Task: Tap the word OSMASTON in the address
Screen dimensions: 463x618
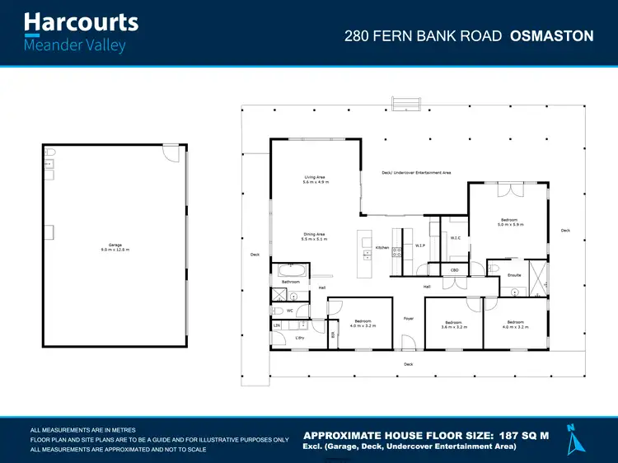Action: [x=552, y=35]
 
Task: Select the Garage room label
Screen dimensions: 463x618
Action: [x=115, y=246]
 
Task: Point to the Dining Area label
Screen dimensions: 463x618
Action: [x=315, y=236]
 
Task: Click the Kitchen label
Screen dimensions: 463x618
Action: [x=382, y=247]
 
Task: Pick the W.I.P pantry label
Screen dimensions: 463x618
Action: [x=420, y=245]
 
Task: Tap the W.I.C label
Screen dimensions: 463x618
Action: [x=455, y=239]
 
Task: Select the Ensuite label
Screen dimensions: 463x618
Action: [x=514, y=274]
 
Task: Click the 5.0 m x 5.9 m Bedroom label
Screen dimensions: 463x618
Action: [x=509, y=222]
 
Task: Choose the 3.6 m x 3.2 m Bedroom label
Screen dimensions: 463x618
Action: [x=453, y=324]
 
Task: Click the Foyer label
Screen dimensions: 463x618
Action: [x=408, y=318]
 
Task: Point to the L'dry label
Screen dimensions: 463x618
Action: [x=300, y=337]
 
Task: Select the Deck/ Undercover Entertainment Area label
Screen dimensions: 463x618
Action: [x=416, y=173]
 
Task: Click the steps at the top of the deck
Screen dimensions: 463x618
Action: [x=405, y=103]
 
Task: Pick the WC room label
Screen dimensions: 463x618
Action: [x=290, y=311]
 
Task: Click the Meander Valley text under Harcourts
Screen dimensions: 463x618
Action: [x=75, y=45]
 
